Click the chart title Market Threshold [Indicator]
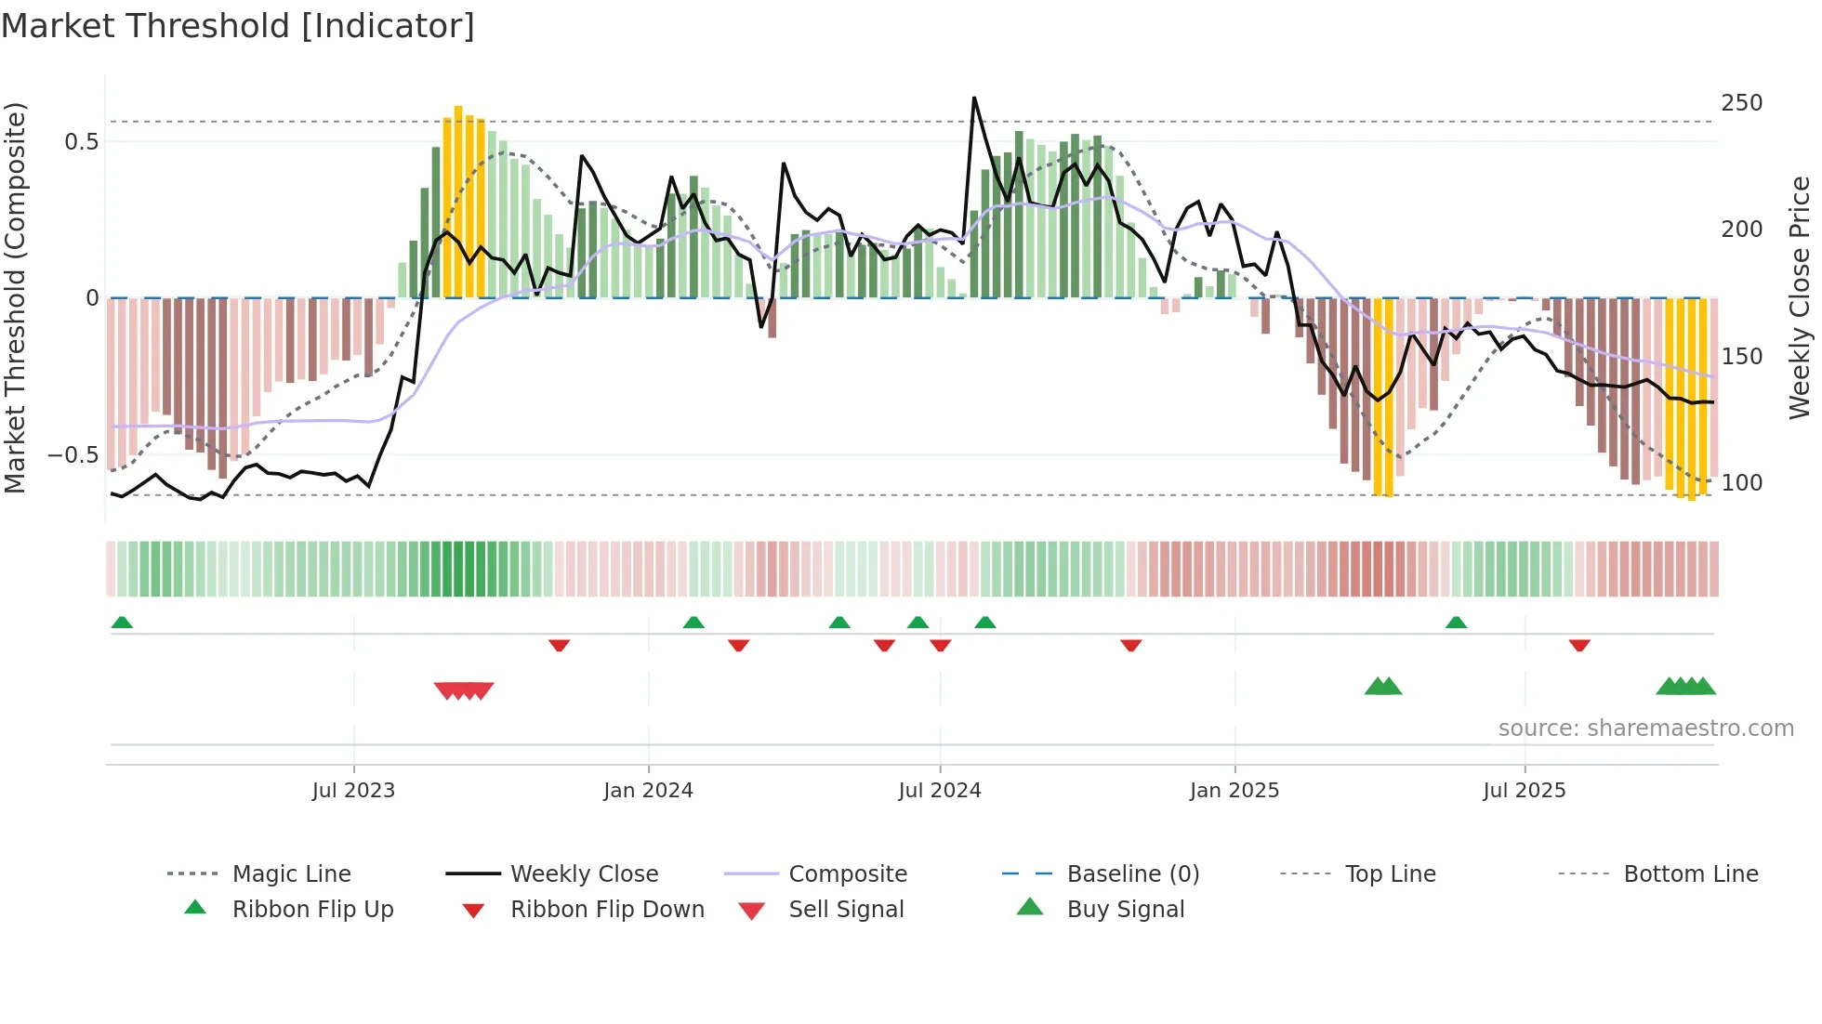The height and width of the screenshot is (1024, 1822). click(238, 26)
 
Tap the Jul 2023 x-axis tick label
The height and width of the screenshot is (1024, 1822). click(353, 791)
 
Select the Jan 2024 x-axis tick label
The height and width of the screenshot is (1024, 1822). click(648, 791)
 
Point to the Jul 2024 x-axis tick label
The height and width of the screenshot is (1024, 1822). click(939, 791)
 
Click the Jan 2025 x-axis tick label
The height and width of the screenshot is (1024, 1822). click(1234, 791)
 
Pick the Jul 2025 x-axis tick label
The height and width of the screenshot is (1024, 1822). click(1524, 791)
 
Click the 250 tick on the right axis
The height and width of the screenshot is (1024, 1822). click(1741, 103)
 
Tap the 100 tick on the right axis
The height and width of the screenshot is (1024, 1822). click(1741, 483)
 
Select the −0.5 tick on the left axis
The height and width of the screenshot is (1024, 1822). click(73, 455)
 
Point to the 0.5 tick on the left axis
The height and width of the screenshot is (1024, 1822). click(81, 142)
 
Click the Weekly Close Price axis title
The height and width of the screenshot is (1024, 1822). click(1800, 297)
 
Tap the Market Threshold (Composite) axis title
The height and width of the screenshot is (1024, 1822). click(15, 297)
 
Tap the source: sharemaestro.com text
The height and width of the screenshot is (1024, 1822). click(1645, 729)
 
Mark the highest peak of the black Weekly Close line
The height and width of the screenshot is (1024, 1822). click(974, 98)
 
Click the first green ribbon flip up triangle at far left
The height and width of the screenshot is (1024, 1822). click(122, 623)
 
